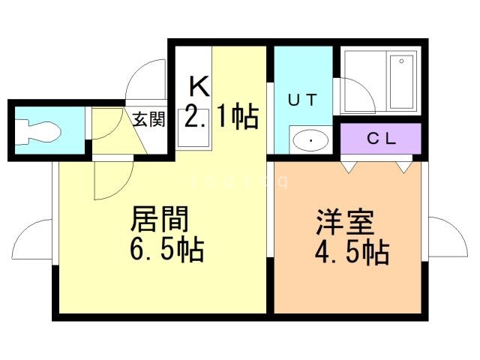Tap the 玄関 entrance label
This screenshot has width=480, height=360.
[149, 118]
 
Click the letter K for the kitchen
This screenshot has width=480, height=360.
[198, 85]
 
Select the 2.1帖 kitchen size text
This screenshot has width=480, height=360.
[222, 116]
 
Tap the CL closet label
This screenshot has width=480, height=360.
[381, 138]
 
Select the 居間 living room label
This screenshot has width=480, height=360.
[159, 220]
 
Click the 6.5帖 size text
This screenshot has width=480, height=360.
[167, 250]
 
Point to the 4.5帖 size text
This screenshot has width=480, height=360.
[351, 253]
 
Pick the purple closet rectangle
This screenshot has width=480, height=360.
[381, 138]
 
